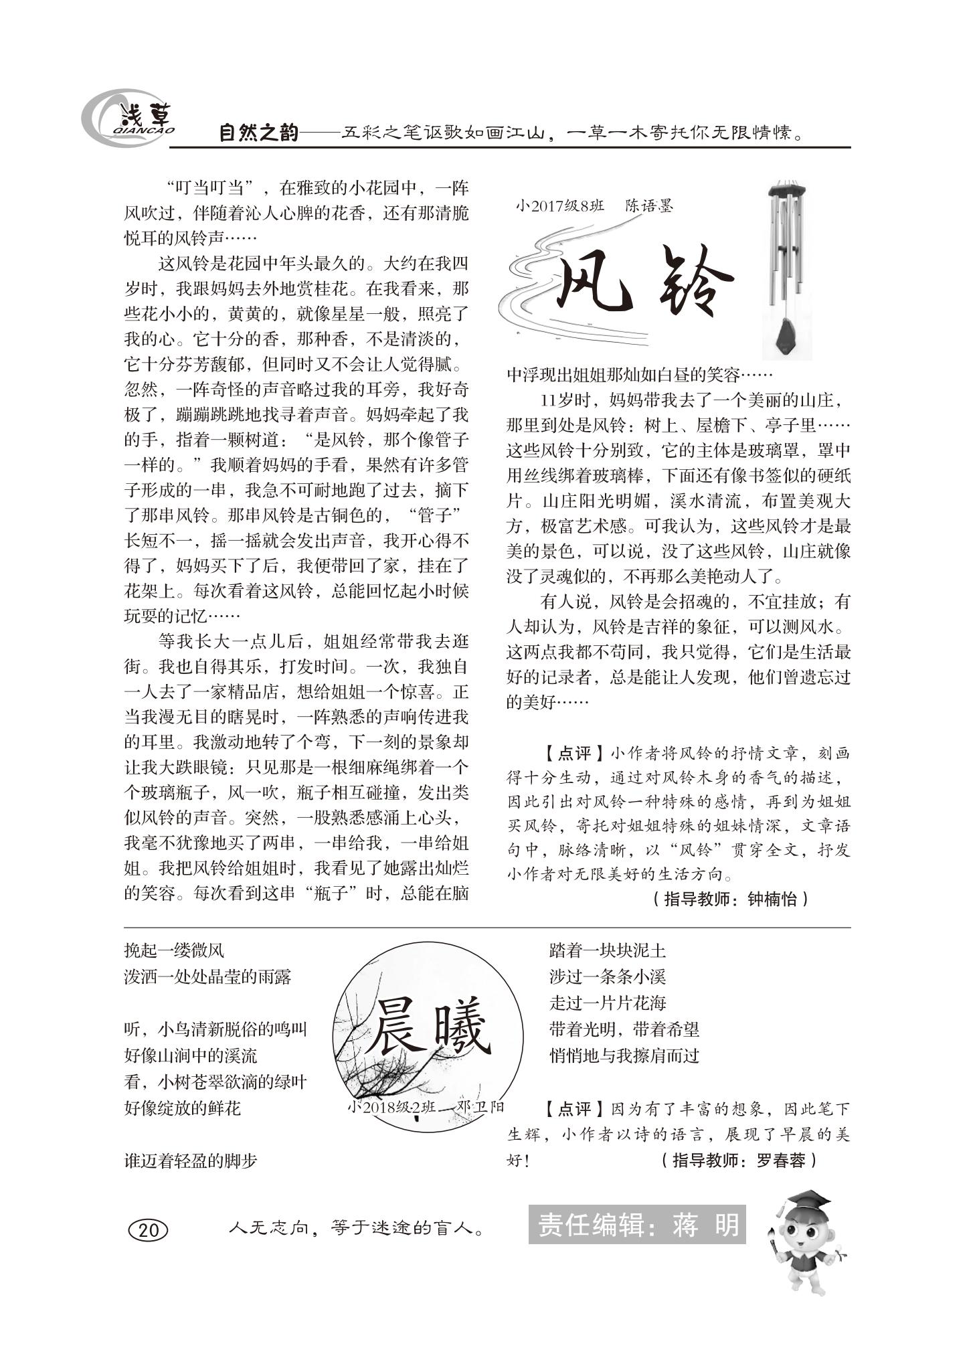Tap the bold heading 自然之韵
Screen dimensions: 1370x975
click(x=258, y=133)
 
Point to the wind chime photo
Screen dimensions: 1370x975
click(x=787, y=268)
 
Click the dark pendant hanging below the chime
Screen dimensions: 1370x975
click(x=787, y=338)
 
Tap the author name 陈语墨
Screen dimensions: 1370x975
click(x=648, y=205)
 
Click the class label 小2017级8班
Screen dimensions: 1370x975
click(x=559, y=206)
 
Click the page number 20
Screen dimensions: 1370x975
click(x=148, y=1229)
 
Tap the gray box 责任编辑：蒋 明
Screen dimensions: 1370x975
click(x=636, y=1225)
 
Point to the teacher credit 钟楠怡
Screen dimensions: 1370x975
click(x=772, y=899)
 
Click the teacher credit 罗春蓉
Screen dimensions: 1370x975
click(x=780, y=1160)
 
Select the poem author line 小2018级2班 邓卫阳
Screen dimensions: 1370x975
click(x=426, y=1106)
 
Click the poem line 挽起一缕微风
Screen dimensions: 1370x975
click(x=174, y=950)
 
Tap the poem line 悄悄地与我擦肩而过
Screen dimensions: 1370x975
click(x=624, y=1055)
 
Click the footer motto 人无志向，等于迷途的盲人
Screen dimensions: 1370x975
click(x=356, y=1228)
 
